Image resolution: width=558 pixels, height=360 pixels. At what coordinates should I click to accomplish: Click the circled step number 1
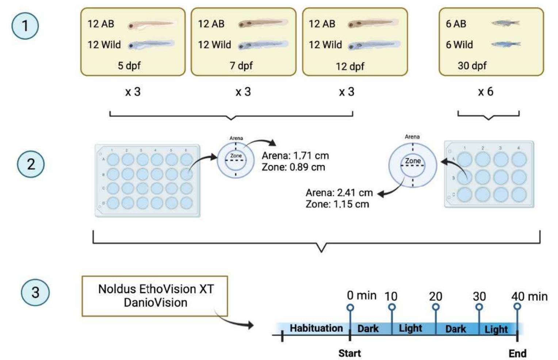pyautogui.click(x=25, y=26)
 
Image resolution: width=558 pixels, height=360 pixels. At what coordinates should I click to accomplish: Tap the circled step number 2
pyautogui.click(x=31, y=164)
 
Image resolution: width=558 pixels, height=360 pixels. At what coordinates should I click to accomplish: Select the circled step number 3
pyautogui.click(x=35, y=292)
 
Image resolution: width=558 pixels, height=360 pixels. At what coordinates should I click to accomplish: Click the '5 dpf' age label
pyautogui.click(x=129, y=66)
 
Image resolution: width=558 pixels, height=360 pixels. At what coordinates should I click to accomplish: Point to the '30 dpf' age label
pyautogui.click(x=472, y=66)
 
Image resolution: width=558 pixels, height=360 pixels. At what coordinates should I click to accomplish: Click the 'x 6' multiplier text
pyautogui.click(x=486, y=91)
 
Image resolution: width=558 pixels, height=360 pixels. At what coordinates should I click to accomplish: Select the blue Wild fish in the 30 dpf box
pyautogui.click(x=506, y=44)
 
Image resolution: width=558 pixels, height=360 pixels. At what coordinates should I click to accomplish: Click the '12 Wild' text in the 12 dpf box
pyautogui.click(x=325, y=45)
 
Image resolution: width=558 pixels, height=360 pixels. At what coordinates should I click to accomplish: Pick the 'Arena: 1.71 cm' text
pyautogui.click(x=295, y=156)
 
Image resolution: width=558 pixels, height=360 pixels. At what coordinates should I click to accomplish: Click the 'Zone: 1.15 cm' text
pyautogui.click(x=337, y=204)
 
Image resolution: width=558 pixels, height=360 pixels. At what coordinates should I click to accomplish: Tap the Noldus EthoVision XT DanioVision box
pyautogui.click(x=155, y=296)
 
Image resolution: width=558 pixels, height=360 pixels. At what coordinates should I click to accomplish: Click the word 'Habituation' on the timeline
pyautogui.click(x=316, y=328)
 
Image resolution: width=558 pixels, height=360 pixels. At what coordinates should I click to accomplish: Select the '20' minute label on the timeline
pyautogui.click(x=435, y=296)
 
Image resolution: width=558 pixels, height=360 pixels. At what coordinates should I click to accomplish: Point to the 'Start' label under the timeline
pyautogui.click(x=349, y=353)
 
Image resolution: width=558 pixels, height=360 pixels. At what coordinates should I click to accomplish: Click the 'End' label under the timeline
pyautogui.click(x=517, y=353)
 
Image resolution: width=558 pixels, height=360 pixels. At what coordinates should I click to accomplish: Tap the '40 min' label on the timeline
pyautogui.click(x=529, y=296)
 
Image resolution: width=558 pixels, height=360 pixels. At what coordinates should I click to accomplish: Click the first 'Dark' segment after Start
pyautogui.click(x=368, y=329)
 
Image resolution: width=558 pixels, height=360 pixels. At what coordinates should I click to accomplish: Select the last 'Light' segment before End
pyautogui.click(x=496, y=329)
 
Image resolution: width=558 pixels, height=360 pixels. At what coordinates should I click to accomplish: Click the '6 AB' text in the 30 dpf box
pyautogui.click(x=456, y=24)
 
